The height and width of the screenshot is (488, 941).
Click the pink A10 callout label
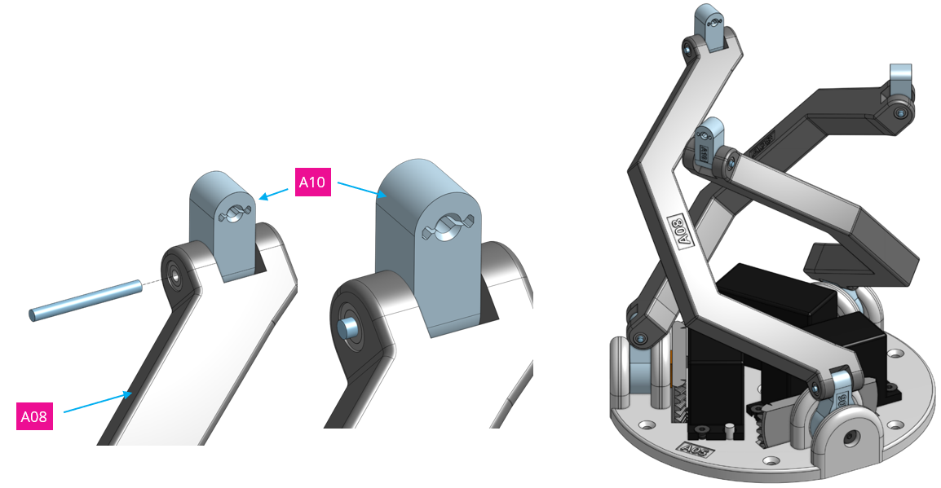pyautogui.click(x=312, y=182)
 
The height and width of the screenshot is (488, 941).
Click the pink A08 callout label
pyautogui.click(x=34, y=416)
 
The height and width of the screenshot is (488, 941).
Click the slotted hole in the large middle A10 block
pyautogui.click(x=445, y=227)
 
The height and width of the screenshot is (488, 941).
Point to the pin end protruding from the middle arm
pyautogui.click(x=349, y=328)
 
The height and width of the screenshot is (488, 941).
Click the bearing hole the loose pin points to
pyautogui.click(x=174, y=275)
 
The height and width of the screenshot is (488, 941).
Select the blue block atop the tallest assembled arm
pyautogui.click(x=708, y=24)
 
